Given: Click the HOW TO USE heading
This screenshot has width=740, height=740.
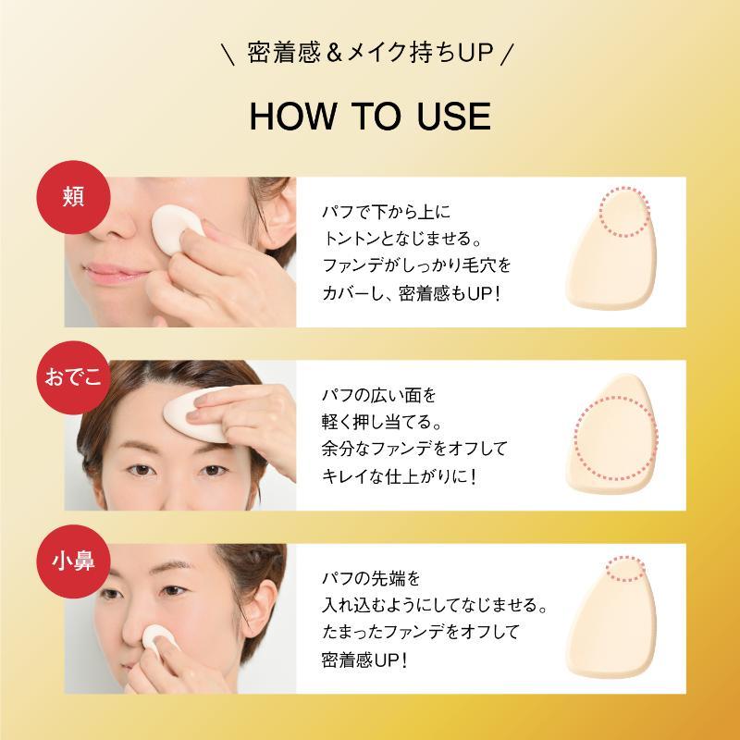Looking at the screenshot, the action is pos(370,117).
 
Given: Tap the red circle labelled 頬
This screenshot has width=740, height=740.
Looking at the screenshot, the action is pos(74,197).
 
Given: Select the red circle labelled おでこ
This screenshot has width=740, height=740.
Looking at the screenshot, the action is pos(74,377).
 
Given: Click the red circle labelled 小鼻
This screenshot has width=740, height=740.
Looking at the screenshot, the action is pos(74,561).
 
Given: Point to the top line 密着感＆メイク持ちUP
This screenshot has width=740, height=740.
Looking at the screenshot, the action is pos(370,53).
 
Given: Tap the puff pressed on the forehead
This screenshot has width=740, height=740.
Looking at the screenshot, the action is pos(197,414).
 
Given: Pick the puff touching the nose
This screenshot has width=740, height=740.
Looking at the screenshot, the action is pos(158,640).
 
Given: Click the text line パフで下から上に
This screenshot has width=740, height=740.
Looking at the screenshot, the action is pos(386,212).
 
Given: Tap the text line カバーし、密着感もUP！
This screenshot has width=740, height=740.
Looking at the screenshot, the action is pos(411,293).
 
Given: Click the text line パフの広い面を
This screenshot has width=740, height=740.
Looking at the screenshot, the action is pos(378,395).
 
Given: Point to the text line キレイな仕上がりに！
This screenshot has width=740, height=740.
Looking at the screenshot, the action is pos(400,476).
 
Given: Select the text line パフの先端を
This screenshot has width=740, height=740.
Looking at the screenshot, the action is pos(371,577).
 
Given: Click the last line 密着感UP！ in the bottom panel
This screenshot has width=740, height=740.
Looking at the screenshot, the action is pos(364,660).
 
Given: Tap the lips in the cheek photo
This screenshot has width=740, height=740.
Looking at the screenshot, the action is pos(115,274).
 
